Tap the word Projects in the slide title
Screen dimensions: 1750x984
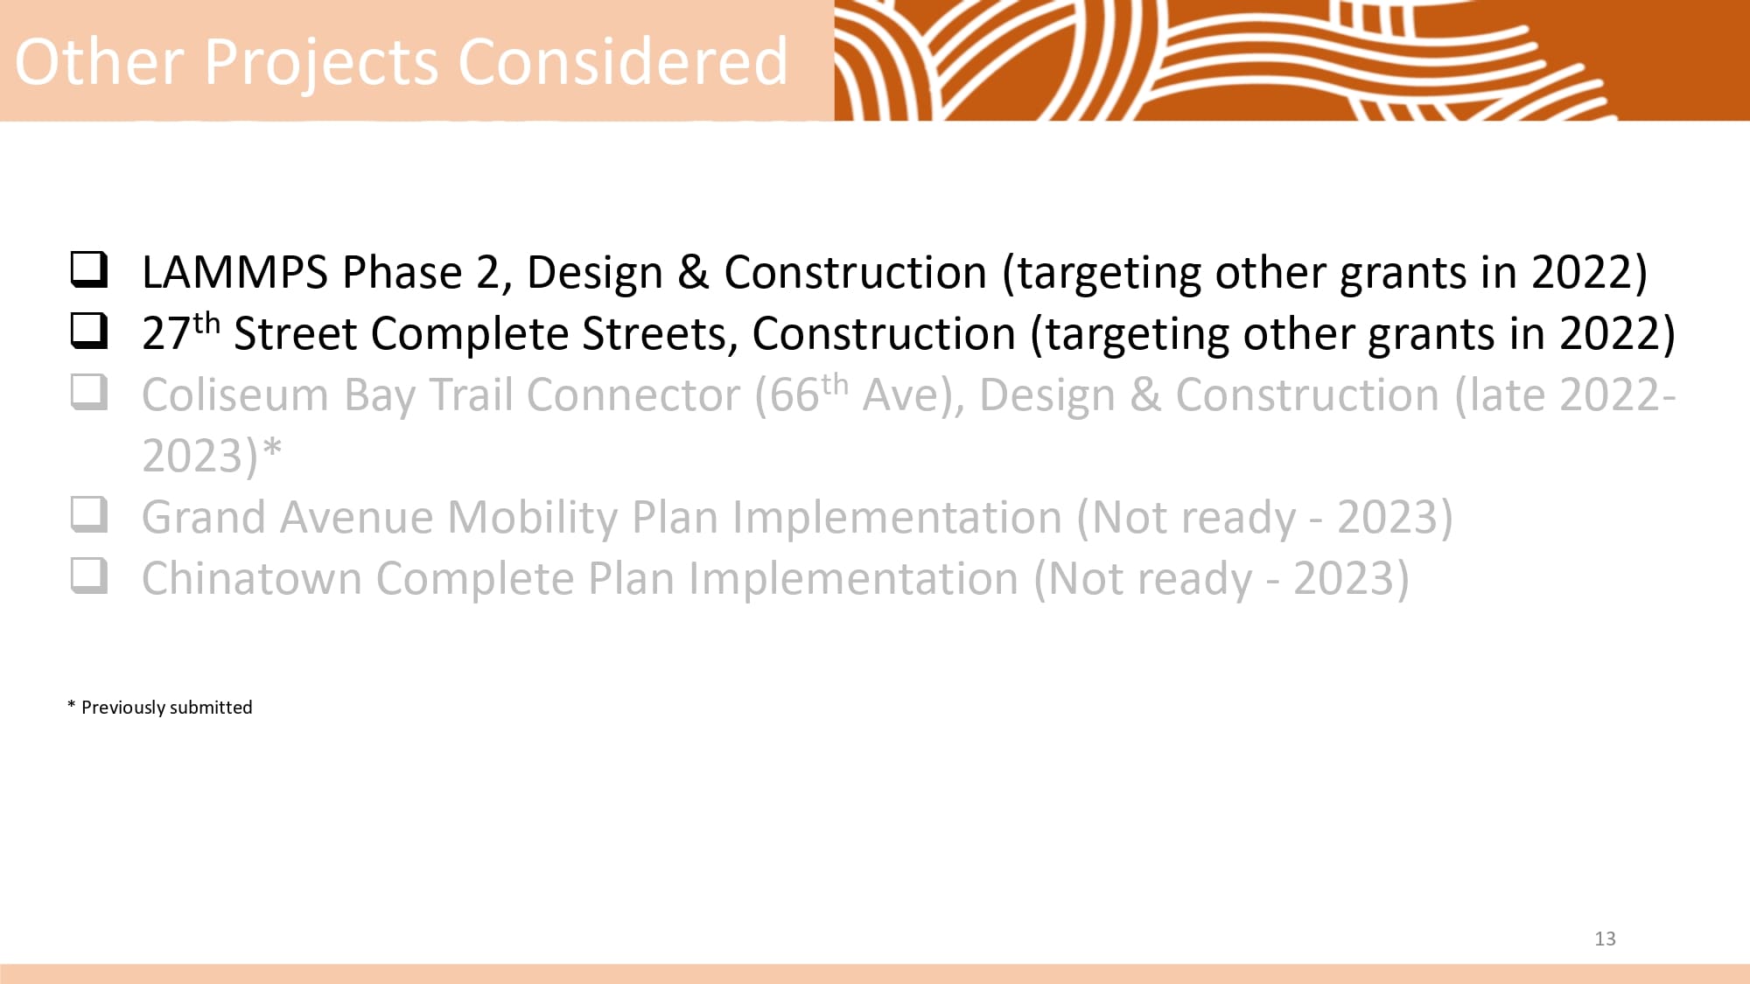[x=321, y=64]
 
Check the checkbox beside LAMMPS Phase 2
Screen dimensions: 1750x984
[x=89, y=270]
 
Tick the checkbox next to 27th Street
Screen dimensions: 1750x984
[x=89, y=331]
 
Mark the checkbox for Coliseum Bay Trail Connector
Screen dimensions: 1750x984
[x=89, y=393]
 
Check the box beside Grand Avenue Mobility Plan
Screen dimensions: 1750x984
[x=89, y=515]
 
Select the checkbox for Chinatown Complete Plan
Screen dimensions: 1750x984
[x=89, y=576]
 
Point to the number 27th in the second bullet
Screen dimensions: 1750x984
[x=181, y=332]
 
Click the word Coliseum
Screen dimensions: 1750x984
[x=235, y=395]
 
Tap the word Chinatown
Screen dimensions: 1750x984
[x=252, y=579]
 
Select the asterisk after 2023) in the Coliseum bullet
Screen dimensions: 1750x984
[x=272, y=447]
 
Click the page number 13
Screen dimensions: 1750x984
[x=1605, y=939]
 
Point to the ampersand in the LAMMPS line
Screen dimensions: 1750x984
[x=693, y=272]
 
